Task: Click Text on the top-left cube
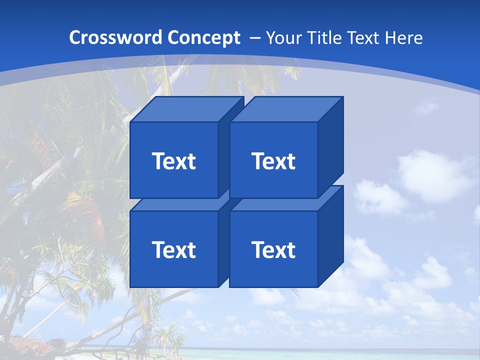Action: [x=173, y=161]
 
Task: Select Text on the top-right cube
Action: [x=273, y=161]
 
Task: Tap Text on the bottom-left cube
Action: [x=173, y=250]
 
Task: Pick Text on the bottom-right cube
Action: [x=273, y=250]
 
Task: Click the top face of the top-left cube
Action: [x=186, y=109]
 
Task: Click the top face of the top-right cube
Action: [x=286, y=109]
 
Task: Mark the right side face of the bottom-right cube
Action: [x=330, y=237]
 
